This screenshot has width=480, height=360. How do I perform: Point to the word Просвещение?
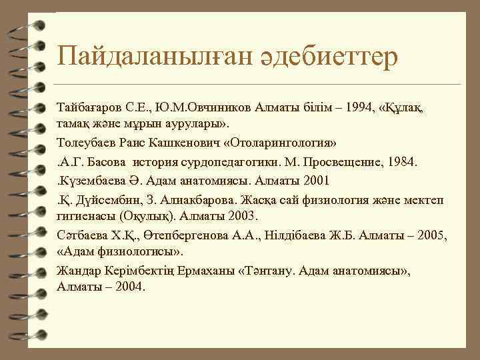pos(332,162)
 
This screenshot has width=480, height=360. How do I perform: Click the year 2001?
pos(315,181)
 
